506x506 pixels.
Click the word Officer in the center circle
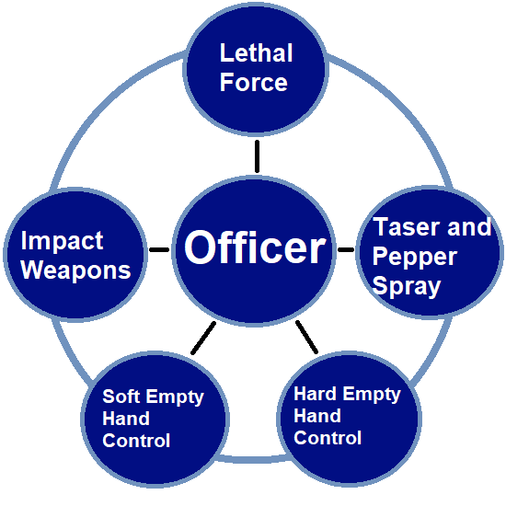pos(255,247)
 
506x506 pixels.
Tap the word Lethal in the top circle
pos(257,53)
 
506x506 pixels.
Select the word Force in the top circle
pos(254,83)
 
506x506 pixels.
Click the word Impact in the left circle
pos(62,241)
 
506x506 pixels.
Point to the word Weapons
pos(75,270)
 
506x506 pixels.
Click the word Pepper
pos(415,258)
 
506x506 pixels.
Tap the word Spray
pos(407,287)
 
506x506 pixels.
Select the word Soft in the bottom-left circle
pos(121,396)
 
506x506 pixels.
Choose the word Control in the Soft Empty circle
pos(136,441)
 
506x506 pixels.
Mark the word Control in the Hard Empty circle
pos(328,438)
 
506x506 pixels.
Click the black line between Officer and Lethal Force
pos(257,156)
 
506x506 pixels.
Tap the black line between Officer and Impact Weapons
pos(159,249)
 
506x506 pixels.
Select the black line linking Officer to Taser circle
pos(346,249)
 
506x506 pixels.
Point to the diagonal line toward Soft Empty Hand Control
pos(203,338)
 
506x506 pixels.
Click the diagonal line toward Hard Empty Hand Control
pos(307,337)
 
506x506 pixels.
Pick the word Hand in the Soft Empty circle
pos(126,419)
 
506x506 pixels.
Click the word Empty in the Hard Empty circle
pos(372,395)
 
